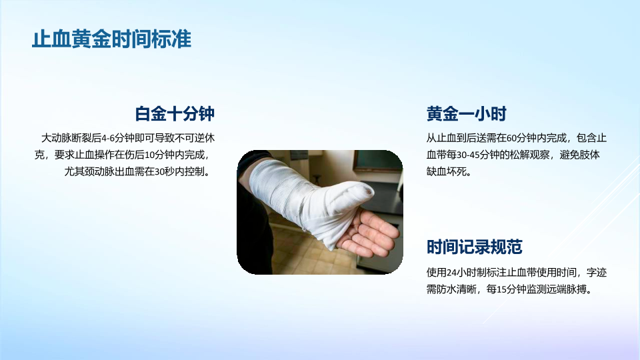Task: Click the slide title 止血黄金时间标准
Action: point(111,39)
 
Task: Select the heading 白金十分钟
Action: point(175,113)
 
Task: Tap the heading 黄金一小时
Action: point(467,113)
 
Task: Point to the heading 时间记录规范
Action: point(474,247)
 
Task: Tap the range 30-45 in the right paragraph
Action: point(468,155)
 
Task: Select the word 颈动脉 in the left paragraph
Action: point(99,172)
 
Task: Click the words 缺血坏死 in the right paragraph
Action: point(446,172)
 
